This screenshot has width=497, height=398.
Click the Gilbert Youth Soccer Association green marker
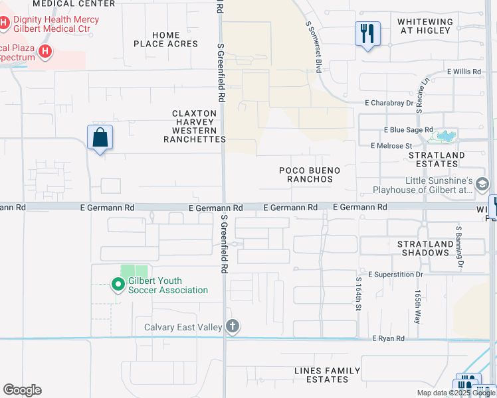(x=118, y=285)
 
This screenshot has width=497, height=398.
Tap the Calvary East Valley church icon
(x=232, y=326)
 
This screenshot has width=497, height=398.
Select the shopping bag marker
(x=100, y=138)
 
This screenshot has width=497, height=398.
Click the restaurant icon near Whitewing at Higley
(x=367, y=33)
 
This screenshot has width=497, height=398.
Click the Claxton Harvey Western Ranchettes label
(x=195, y=126)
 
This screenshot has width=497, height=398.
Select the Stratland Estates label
(x=437, y=160)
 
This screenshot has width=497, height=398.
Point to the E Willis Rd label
(x=464, y=71)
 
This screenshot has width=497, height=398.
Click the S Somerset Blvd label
(x=318, y=37)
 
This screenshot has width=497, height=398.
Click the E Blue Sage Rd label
(x=408, y=130)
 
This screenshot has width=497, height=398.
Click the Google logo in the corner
(x=22, y=390)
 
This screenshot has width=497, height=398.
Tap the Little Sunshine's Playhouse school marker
(x=481, y=184)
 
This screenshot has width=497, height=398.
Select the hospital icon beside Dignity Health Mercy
(x=4, y=23)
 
